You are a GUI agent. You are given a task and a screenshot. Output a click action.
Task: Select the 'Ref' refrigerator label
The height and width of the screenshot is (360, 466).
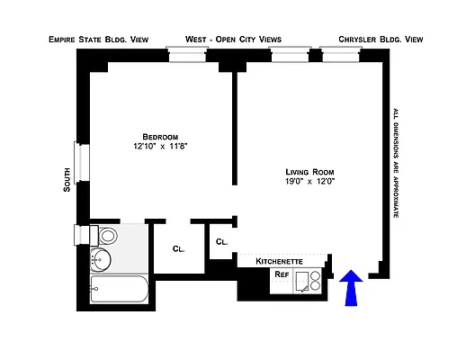point(282,274)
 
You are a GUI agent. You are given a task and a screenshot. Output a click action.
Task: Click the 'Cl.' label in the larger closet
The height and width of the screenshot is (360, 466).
point(178,250)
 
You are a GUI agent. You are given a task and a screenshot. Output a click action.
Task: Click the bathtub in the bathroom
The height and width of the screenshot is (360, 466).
point(117,291)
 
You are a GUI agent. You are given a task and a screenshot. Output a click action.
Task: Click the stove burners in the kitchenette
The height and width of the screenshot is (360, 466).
point(311,281)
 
